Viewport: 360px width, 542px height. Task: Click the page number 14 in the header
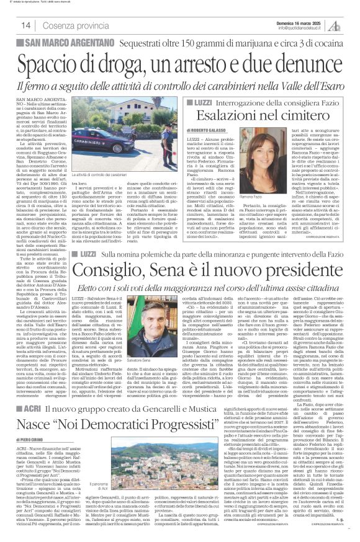click(x=27, y=26)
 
